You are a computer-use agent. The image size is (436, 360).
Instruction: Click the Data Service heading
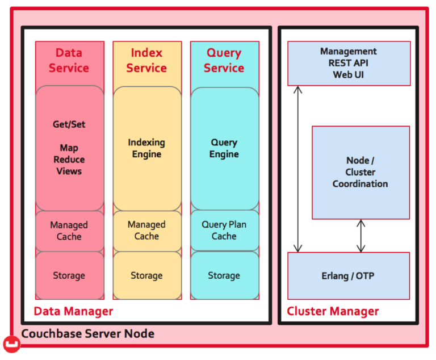click(x=69, y=60)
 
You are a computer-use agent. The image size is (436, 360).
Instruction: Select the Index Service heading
click(x=146, y=60)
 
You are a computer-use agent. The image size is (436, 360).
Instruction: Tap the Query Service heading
click(x=224, y=60)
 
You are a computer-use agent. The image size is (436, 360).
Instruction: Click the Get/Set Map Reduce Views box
click(x=69, y=148)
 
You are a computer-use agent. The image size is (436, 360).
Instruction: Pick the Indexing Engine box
click(x=146, y=148)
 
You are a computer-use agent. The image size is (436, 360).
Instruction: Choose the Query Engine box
click(x=224, y=148)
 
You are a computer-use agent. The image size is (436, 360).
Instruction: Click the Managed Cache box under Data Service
click(x=69, y=231)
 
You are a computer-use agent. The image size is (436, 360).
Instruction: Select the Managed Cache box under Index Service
click(x=146, y=231)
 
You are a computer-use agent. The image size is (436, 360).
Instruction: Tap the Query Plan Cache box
click(x=224, y=230)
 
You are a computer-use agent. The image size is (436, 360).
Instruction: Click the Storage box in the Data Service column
click(x=69, y=275)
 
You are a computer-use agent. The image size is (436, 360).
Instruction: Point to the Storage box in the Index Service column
click(x=146, y=275)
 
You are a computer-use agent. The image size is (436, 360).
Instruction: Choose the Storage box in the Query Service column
click(x=224, y=275)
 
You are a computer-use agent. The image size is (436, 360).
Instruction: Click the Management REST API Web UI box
click(x=349, y=63)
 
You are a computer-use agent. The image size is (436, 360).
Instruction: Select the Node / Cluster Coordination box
click(x=360, y=172)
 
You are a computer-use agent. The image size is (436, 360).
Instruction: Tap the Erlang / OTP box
click(x=349, y=276)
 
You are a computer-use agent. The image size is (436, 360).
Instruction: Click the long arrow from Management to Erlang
click(x=297, y=169)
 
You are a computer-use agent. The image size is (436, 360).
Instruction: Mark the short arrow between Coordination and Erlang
click(x=360, y=236)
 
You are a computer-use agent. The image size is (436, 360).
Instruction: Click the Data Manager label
click(x=73, y=311)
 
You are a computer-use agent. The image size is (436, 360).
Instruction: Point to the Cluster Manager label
click(x=333, y=311)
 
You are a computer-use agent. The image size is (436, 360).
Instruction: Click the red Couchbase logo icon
click(x=12, y=344)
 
